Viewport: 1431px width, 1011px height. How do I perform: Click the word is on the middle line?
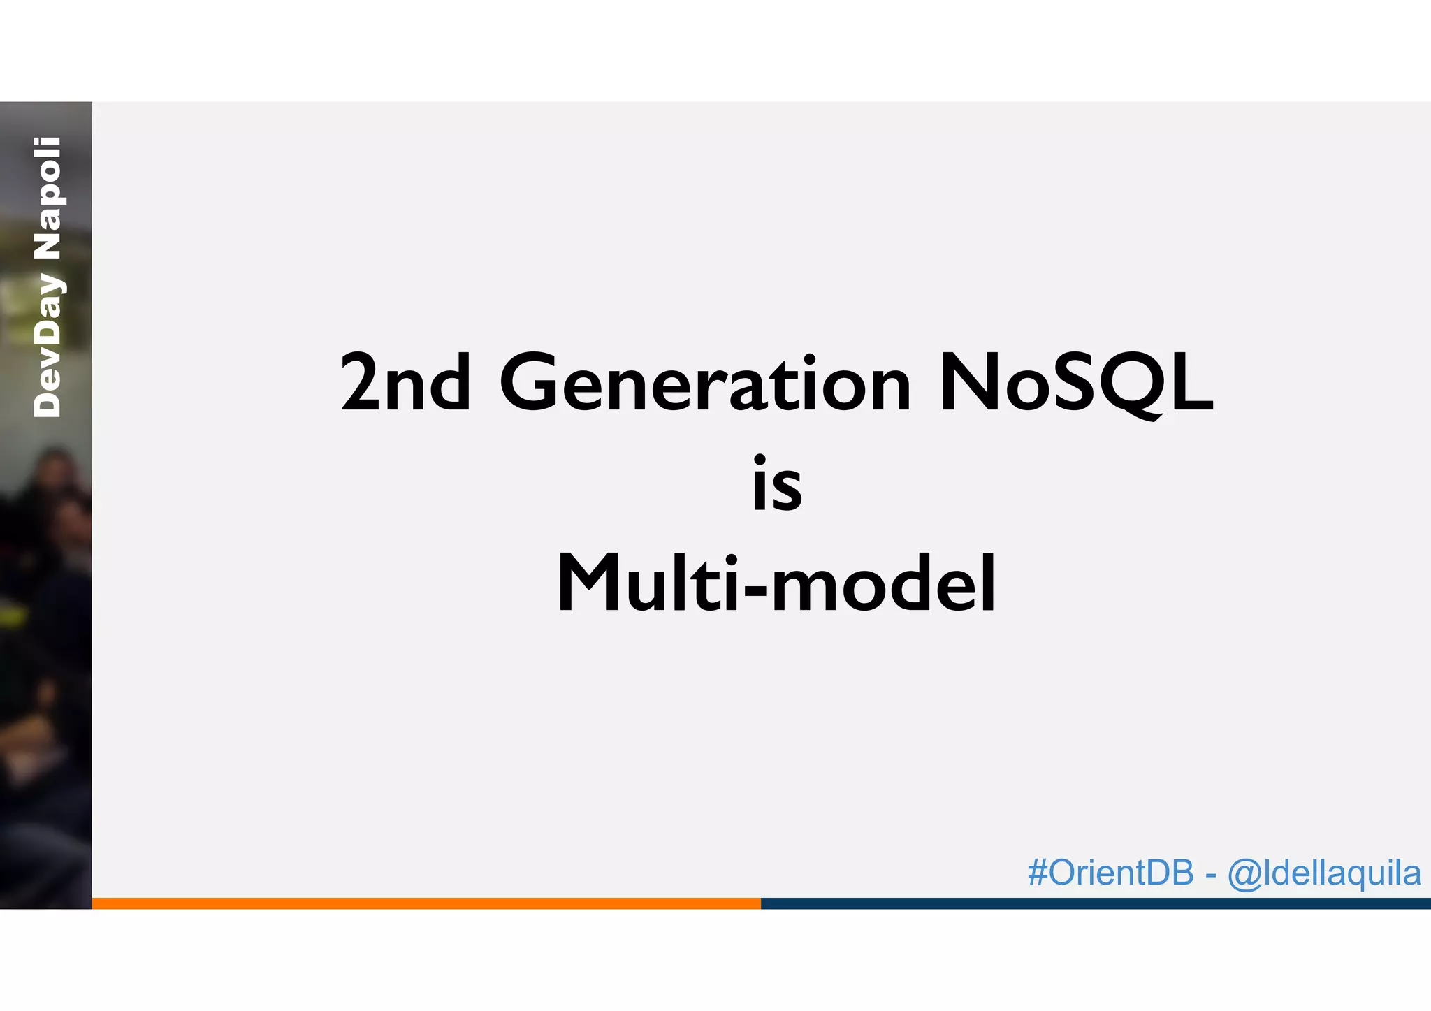click(x=777, y=483)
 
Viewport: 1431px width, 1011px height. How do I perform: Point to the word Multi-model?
click(x=776, y=583)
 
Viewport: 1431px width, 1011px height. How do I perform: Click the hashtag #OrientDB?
click(x=1111, y=873)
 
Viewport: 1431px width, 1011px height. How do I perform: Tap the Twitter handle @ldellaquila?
click(x=1324, y=873)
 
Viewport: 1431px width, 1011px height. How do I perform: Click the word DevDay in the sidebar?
click(x=48, y=346)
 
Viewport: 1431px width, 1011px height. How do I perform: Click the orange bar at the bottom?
click(x=426, y=903)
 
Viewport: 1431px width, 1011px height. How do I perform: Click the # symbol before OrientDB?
click(x=1038, y=873)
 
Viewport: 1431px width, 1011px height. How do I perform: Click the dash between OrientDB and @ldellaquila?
click(x=1211, y=875)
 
